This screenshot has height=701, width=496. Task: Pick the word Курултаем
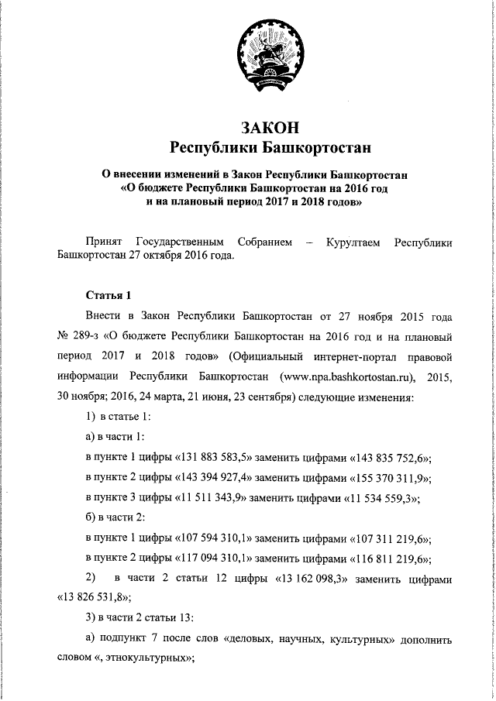tap(353, 243)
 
